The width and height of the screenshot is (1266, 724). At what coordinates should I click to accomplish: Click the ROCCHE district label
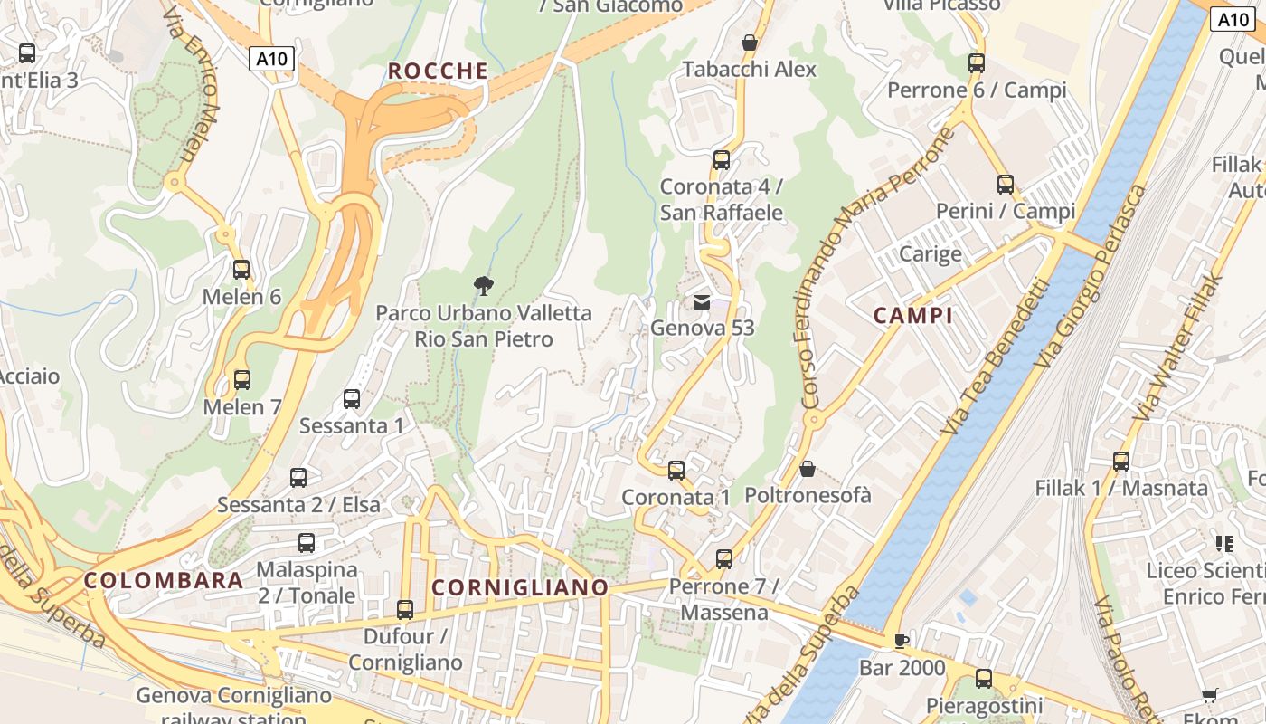(438, 71)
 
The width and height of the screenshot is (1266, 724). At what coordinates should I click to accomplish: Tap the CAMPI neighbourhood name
(913, 316)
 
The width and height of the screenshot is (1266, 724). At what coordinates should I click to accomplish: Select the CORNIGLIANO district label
(520, 587)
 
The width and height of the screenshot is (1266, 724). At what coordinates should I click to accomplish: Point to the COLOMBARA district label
(164, 580)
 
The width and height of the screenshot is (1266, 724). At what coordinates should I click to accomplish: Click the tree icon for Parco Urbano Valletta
(484, 286)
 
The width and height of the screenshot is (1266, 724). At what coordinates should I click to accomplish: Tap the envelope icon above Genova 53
(702, 301)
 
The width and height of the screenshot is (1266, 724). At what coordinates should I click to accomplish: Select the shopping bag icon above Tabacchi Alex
(749, 43)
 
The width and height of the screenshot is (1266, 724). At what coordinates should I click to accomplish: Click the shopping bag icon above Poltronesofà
(808, 469)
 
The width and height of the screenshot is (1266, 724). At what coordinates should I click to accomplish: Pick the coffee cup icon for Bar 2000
(901, 642)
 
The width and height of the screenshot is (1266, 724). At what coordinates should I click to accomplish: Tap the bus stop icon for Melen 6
(241, 270)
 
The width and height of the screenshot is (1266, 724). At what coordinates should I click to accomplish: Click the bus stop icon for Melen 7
(241, 380)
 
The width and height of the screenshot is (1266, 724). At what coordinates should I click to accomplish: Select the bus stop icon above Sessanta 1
(352, 398)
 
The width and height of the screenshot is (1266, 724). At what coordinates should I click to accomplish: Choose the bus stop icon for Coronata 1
(676, 471)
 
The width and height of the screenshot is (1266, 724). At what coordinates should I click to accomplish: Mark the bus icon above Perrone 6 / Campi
(977, 63)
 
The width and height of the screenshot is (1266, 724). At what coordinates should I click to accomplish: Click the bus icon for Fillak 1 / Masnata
(1121, 462)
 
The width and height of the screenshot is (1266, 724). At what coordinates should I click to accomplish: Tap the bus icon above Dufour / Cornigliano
(405, 610)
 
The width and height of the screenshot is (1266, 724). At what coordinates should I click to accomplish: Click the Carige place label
(931, 253)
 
